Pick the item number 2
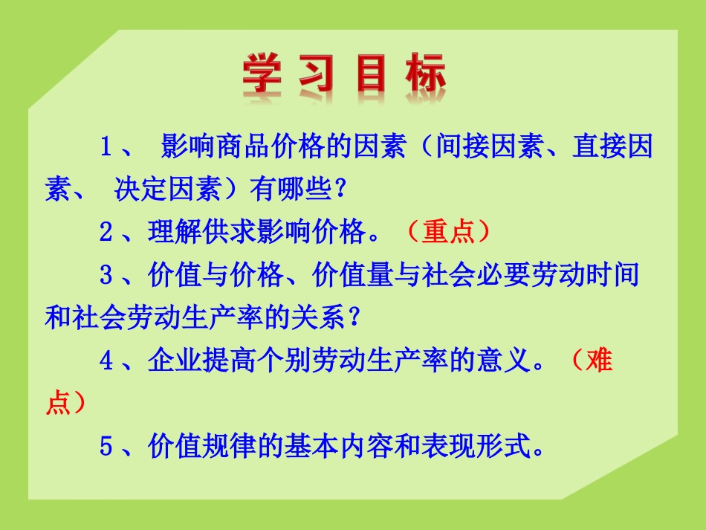(106, 233)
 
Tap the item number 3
(106, 276)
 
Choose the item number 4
(106, 362)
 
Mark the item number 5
(106, 447)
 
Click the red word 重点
(448, 233)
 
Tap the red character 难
(598, 362)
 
